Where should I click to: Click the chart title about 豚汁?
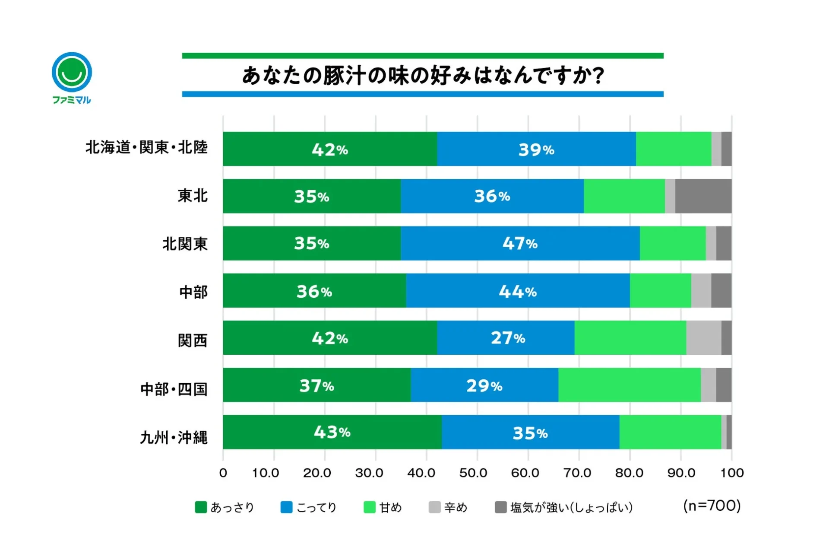point(423,75)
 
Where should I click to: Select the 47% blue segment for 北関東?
point(520,243)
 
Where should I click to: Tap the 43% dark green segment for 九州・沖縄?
point(332,432)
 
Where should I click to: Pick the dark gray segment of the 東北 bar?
point(703,196)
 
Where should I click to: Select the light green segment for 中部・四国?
point(629,385)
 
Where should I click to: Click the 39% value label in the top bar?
point(536,150)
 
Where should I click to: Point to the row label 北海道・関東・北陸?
point(146,147)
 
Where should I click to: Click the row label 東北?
point(193,196)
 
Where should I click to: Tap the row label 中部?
point(193,292)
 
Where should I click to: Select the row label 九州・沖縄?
point(174,437)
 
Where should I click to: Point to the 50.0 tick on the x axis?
point(473,473)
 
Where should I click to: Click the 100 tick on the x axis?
point(731,473)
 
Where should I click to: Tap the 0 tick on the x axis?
point(223,473)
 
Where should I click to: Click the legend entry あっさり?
point(225,507)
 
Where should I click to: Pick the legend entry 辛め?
point(448,507)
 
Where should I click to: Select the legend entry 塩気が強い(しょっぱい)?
point(564,507)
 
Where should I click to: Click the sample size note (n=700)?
point(712,505)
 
